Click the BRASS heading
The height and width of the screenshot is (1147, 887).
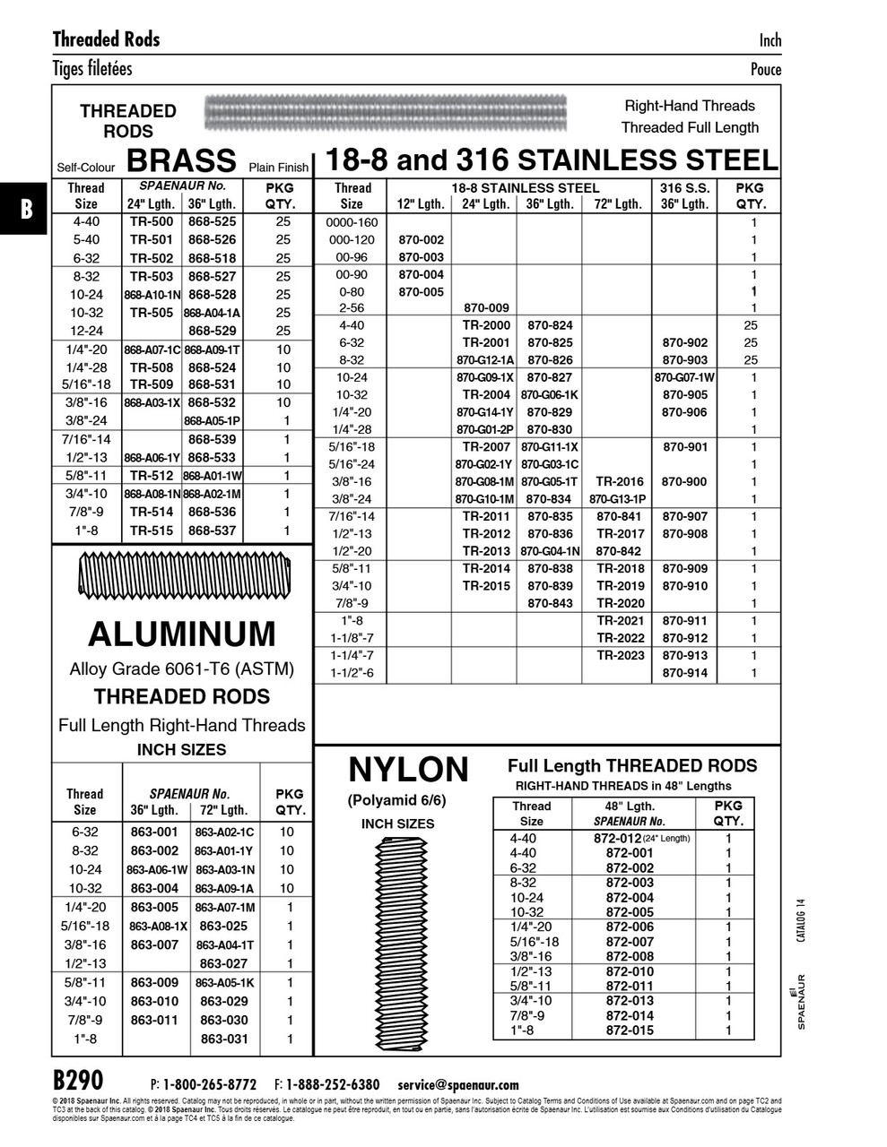click(182, 160)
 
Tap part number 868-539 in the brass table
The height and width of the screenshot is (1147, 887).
click(213, 439)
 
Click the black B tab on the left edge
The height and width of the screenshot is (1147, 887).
click(25, 210)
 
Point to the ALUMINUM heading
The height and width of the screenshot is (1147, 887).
click(182, 634)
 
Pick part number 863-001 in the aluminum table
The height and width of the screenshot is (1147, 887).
click(154, 832)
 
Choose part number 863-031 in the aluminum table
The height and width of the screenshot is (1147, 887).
click(224, 1039)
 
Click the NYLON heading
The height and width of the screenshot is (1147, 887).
click(408, 769)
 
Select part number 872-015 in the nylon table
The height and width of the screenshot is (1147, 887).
click(630, 1031)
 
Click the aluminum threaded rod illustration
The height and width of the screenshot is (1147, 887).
click(182, 576)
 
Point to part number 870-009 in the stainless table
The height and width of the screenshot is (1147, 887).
click(486, 308)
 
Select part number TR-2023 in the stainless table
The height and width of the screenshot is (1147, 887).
click(620, 655)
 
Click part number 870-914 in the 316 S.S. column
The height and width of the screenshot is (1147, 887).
click(685, 673)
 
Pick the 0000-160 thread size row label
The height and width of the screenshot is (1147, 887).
click(352, 222)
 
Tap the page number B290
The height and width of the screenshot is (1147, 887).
click(78, 1080)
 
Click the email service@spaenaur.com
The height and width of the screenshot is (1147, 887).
click(458, 1084)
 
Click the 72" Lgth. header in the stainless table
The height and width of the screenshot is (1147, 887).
click(617, 203)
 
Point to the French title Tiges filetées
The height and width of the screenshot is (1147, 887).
click(92, 68)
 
